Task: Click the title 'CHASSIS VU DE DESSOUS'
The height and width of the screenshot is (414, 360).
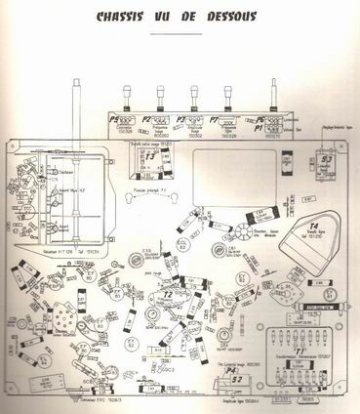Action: pos(179,16)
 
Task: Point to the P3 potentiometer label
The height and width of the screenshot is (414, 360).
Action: pos(180,121)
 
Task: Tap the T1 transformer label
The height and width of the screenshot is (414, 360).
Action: pos(295,350)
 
